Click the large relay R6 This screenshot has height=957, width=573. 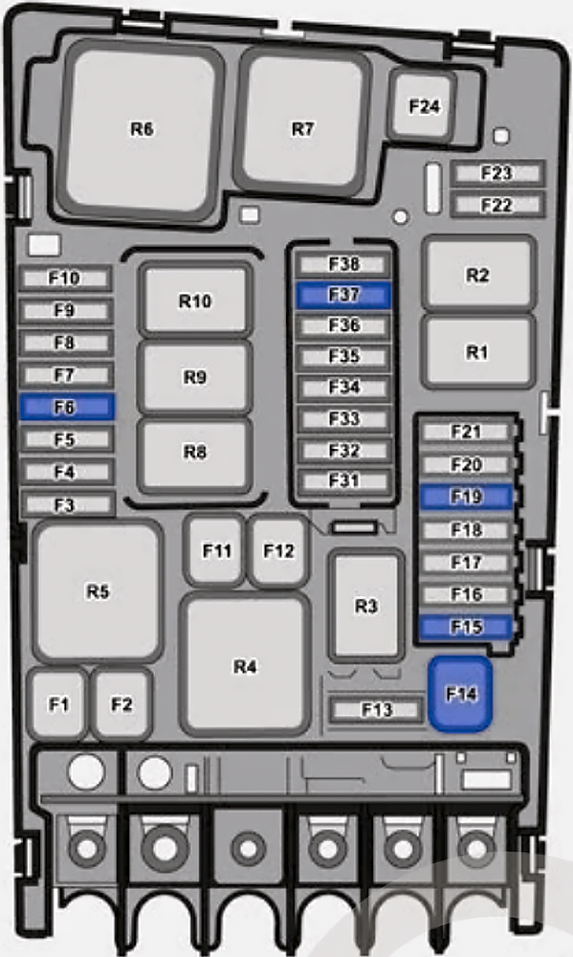coord(142,129)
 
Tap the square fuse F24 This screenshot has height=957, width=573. coord(424,105)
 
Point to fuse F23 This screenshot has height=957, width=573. coord(496,173)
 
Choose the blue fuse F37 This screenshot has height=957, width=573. coord(343,295)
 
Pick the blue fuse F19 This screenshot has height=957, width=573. coord(467,497)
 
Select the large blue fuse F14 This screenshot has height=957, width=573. coord(460,693)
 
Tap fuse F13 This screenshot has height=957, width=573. coord(376,709)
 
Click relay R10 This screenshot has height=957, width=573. coord(195,300)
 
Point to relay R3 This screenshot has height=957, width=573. coord(366,606)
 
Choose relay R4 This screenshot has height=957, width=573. coord(245,665)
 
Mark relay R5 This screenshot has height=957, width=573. coord(98,590)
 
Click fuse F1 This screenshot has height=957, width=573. coord(58,703)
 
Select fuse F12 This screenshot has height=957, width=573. coord(279,550)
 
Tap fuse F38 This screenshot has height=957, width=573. coord(343,264)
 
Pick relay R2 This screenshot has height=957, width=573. coord(478,274)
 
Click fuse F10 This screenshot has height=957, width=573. coord(65,278)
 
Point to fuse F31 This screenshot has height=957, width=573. coord(344,481)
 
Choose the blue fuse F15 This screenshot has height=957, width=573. coord(467,627)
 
